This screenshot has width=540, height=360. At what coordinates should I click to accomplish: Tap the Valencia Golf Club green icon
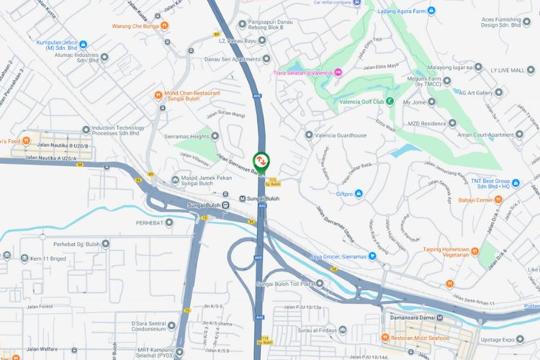(390, 102)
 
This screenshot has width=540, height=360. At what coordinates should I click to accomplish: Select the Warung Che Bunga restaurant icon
(166, 27)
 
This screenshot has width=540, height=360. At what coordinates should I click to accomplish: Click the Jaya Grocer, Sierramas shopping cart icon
(373, 256)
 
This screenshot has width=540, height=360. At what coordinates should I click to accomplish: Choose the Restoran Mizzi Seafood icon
(386, 337)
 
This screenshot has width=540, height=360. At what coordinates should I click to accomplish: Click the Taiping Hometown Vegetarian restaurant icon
(475, 251)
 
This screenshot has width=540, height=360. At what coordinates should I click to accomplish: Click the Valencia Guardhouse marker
(309, 135)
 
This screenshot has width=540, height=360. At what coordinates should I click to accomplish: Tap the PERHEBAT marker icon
(169, 222)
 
